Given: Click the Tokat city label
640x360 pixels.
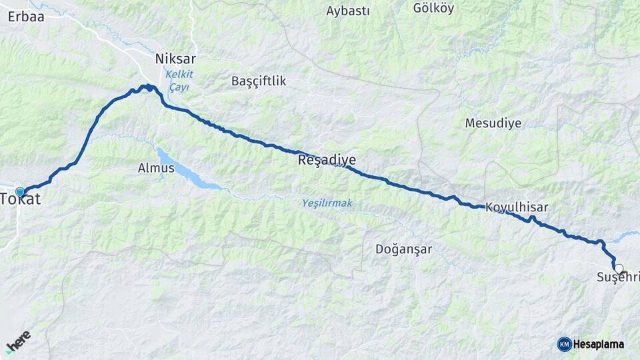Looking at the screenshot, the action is pyautogui.click(x=20, y=199).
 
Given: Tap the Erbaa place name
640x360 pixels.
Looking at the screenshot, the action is pyautogui.click(x=26, y=17).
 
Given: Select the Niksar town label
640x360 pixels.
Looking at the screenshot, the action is pyautogui.click(x=175, y=59).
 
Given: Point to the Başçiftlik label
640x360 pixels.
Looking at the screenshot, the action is pyautogui.click(x=258, y=81).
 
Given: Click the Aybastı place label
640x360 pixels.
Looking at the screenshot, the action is pyautogui.click(x=349, y=11).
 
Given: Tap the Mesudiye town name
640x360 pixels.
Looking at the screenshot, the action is pyautogui.click(x=493, y=123).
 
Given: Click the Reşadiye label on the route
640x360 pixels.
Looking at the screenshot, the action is pyautogui.click(x=327, y=160).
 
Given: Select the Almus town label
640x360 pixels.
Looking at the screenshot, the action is pyautogui.click(x=156, y=168).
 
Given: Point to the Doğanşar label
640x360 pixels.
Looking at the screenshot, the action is pyautogui.click(x=403, y=249).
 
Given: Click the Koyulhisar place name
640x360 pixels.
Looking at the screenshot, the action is pyautogui.click(x=517, y=207).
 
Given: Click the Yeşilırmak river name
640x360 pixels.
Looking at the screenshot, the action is pyautogui.click(x=327, y=203).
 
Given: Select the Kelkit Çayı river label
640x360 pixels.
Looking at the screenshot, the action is pyautogui.click(x=179, y=82).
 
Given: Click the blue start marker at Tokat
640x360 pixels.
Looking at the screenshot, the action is pyautogui.click(x=20, y=191).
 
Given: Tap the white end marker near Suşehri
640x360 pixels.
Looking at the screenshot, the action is pyautogui.click(x=619, y=269).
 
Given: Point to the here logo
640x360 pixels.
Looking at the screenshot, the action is pyautogui.click(x=18, y=341).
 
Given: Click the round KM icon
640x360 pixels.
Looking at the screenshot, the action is pyautogui.click(x=564, y=344).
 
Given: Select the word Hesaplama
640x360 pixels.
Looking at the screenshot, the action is pyautogui.click(x=599, y=344).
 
